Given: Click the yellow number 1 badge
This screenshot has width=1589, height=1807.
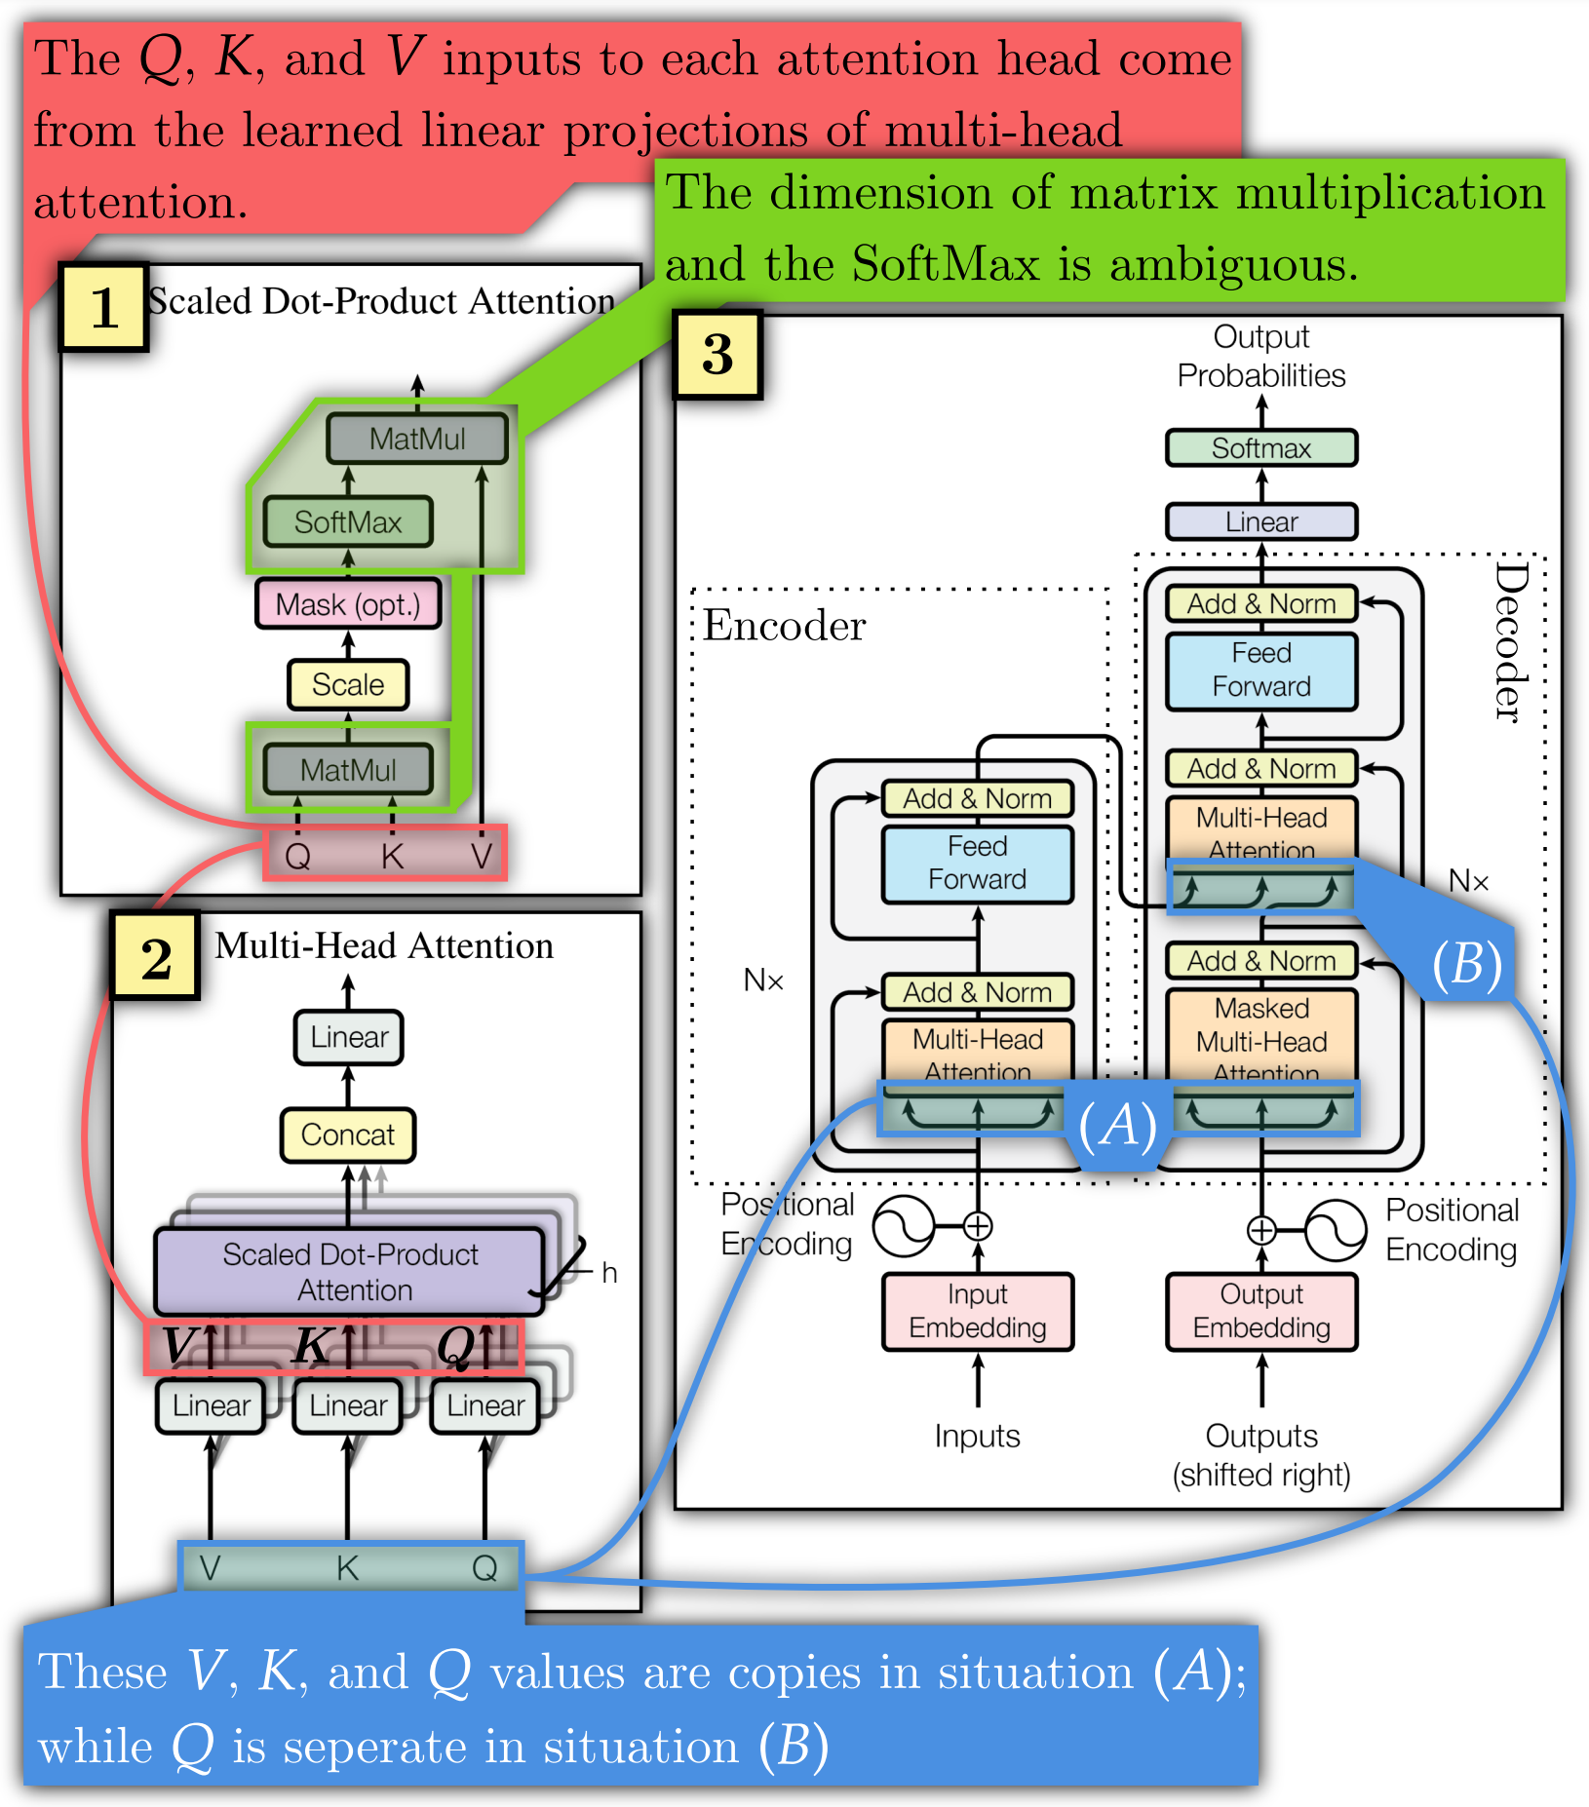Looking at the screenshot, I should click(103, 307).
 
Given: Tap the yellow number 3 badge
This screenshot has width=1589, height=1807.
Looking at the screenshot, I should click(717, 354).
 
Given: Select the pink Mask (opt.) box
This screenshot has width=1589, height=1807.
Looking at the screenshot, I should click(348, 604).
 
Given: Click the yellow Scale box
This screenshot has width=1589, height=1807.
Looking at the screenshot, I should click(348, 684).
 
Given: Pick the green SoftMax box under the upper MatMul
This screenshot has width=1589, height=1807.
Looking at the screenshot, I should click(348, 522).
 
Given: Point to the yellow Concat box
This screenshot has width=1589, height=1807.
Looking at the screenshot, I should click(348, 1134).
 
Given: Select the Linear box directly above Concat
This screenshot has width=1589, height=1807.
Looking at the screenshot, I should click(349, 1037).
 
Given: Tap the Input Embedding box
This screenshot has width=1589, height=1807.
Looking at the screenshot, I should click(978, 1311).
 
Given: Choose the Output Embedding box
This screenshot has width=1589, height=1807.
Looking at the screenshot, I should click(1261, 1311).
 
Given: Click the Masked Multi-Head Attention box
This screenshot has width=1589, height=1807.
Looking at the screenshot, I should click(1261, 1035).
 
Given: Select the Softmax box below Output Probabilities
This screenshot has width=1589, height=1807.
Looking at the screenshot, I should click(1261, 448).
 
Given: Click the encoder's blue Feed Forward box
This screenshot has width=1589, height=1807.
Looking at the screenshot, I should click(978, 864).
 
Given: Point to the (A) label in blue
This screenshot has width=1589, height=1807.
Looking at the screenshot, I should click(1118, 1126).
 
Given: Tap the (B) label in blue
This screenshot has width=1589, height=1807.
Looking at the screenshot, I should click(1466, 965).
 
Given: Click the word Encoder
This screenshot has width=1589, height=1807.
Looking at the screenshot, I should click(784, 626).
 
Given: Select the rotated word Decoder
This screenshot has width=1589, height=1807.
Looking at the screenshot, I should click(1510, 643).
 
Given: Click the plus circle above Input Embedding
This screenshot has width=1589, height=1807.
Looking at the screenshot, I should click(978, 1226).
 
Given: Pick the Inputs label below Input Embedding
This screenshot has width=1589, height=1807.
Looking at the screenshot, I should click(977, 1436).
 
